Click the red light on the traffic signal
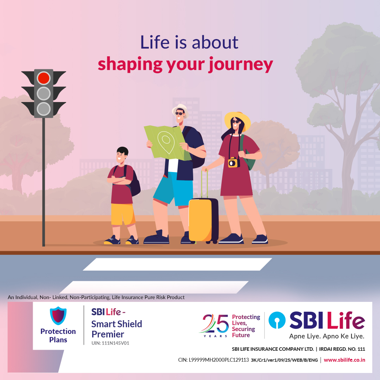[44, 78]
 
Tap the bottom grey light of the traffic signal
[44, 109]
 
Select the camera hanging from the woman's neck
[234, 162]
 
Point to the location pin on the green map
[166, 142]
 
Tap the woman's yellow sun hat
[238, 120]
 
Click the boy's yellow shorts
[123, 214]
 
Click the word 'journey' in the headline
[241, 64]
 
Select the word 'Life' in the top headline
[154, 42]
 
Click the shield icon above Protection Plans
[58, 316]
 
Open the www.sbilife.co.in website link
[344, 360]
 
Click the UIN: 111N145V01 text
[110, 343]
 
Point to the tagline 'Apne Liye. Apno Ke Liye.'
[327, 336]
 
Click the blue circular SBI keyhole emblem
[277, 320]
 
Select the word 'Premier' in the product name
[108, 334]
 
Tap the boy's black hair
[123, 151]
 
